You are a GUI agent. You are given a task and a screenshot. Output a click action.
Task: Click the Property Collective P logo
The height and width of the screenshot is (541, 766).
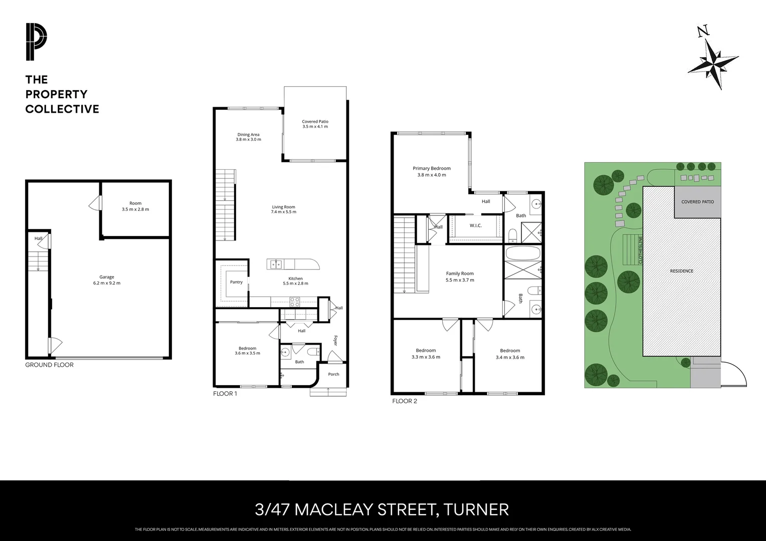pyautogui.click(x=37, y=42)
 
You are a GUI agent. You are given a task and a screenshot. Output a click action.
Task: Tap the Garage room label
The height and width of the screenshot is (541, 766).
pyautogui.click(x=106, y=280)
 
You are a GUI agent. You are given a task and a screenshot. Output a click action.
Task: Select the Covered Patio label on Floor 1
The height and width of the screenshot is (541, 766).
pyautogui.click(x=315, y=124)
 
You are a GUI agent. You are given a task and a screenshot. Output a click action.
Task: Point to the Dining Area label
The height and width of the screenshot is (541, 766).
pyautogui.click(x=248, y=137)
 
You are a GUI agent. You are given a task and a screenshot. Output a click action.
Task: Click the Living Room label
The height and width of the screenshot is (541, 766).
pyautogui.click(x=283, y=209)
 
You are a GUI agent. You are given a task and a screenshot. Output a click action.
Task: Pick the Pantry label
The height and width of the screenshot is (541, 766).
pyautogui.click(x=236, y=282)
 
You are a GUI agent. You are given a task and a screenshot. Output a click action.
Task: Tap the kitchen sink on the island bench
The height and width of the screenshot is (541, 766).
pyautogui.click(x=275, y=263)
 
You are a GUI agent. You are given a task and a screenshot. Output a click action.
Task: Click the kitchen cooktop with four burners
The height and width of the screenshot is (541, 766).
pyautogui.click(x=294, y=302)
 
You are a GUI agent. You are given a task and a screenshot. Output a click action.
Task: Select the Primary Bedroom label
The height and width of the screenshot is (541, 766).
pyautogui.click(x=431, y=171)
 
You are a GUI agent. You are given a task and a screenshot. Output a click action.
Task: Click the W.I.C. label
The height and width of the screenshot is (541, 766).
pyautogui.click(x=475, y=225)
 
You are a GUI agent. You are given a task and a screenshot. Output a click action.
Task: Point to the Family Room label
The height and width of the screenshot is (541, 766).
pyautogui.click(x=459, y=277)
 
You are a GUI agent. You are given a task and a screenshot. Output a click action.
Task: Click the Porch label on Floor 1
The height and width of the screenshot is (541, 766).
pyautogui.click(x=333, y=374)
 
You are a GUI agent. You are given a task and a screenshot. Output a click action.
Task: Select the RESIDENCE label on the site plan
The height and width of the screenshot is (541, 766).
pyautogui.click(x=681, y=271)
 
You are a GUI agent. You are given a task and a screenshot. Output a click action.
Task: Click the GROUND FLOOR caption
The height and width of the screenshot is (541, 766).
pyautogui.click(x=49, y=365)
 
